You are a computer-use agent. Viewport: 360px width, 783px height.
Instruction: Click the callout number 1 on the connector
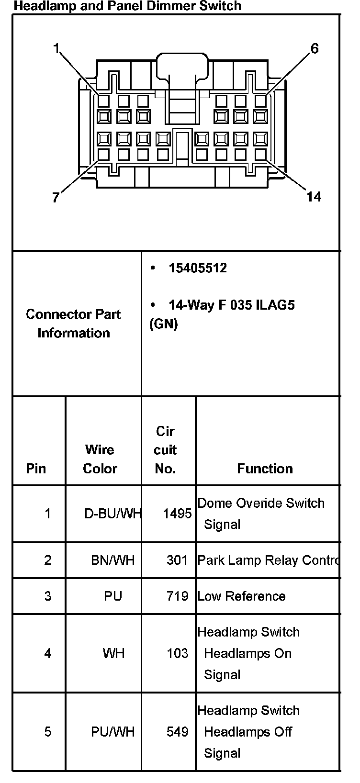coord(56,49)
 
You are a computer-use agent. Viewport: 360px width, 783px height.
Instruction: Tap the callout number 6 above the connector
coord(315,49)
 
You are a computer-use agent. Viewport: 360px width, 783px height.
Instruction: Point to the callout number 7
coord(56,197)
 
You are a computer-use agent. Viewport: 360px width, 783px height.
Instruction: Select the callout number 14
coord(314,197)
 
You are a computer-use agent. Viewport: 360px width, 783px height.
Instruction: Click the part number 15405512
coord(198,268)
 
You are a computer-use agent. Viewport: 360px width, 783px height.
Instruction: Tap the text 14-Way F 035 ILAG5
coord(231,305)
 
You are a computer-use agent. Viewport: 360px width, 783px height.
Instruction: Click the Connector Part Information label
coord(73,324)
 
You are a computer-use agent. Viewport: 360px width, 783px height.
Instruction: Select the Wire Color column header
coord(100,459)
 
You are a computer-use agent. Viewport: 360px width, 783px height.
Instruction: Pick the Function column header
coord(265,469)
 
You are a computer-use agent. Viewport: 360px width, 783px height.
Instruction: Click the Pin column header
coord(36,469)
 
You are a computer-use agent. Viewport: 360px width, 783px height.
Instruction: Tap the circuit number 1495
coord(177,514)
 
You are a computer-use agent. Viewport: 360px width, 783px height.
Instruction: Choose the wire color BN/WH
coord(113,560)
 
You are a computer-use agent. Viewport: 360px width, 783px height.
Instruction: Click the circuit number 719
coord(177,596)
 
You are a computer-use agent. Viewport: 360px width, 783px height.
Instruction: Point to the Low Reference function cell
coord(241,596)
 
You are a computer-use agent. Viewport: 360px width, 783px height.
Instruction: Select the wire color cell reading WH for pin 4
coord(113,653)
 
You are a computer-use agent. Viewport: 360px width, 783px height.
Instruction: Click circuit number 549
coord(177,732)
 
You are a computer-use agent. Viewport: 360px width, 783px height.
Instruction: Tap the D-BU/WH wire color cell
coord(112,514)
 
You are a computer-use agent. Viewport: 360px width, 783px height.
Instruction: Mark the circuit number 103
coord(177,653)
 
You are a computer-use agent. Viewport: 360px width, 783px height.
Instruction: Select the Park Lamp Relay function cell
coord(268,560)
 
